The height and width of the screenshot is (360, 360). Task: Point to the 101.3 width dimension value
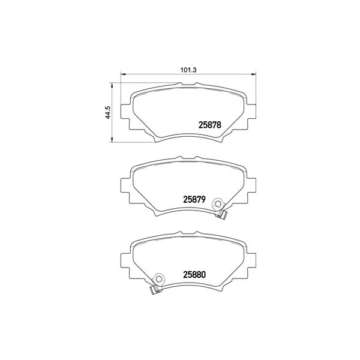188,68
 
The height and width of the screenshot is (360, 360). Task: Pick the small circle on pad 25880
159,278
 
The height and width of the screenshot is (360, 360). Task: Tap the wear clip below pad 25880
155,290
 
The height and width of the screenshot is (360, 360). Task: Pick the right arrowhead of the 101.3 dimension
253,74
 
